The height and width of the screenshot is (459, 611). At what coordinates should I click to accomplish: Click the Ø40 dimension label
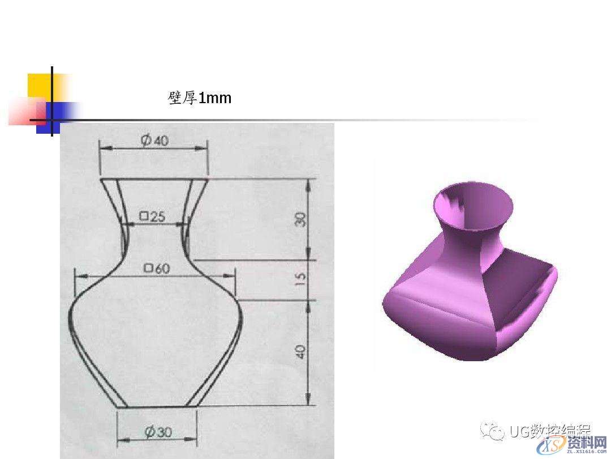[x=154, y=141]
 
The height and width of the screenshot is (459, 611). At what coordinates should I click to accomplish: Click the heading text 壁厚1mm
[x=200, y=98]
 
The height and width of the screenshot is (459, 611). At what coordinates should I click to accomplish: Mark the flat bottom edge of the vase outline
[x=157, y=407]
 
